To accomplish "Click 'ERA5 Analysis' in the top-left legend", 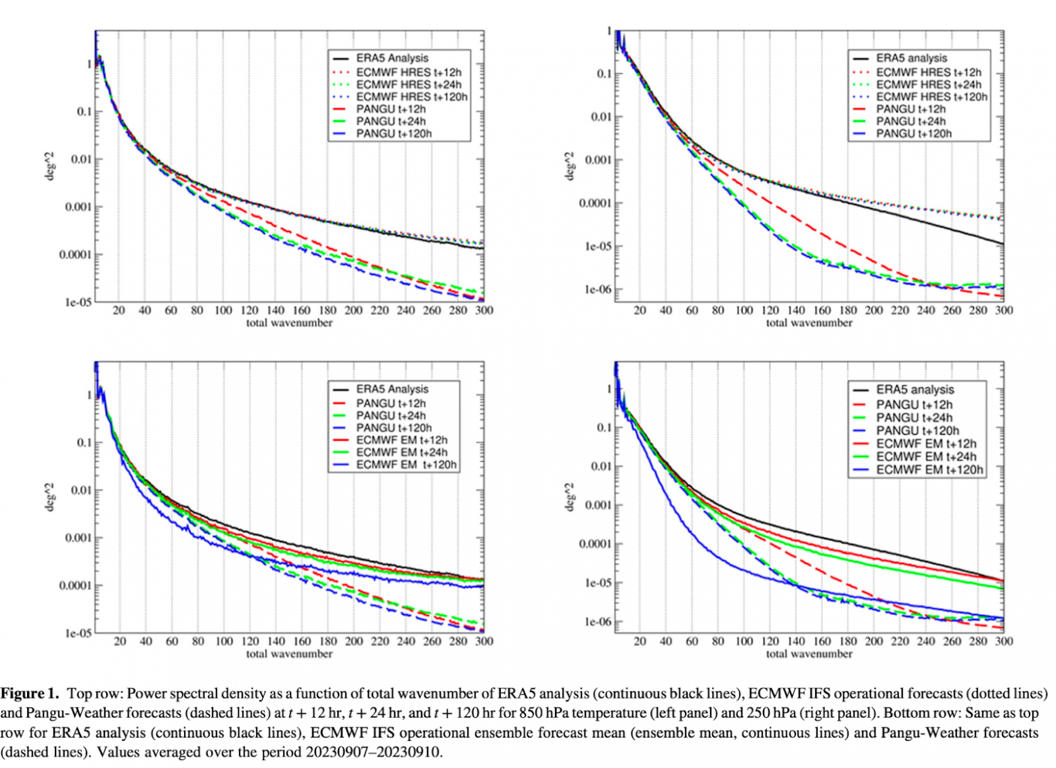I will coord(392,58).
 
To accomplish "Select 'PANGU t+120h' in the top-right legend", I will coord(913,134).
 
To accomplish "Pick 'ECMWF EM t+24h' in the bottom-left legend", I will coord(401,452).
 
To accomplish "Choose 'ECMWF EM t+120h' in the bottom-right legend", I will coord(929,469).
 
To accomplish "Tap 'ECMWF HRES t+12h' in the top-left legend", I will coord(408,72).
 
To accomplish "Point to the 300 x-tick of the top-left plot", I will coord(484,310).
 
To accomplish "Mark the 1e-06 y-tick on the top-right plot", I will coord(598,290).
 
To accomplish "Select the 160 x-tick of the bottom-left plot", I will coord(302,641).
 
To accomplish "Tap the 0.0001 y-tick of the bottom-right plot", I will coord(594,544).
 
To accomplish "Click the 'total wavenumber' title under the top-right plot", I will coord(809,323).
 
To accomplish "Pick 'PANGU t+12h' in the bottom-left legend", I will coord(391,404).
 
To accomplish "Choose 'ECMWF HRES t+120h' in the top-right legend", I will coord(931,97).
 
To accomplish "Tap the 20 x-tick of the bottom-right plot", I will coord(640,641).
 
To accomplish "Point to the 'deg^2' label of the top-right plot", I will coord(570,166).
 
